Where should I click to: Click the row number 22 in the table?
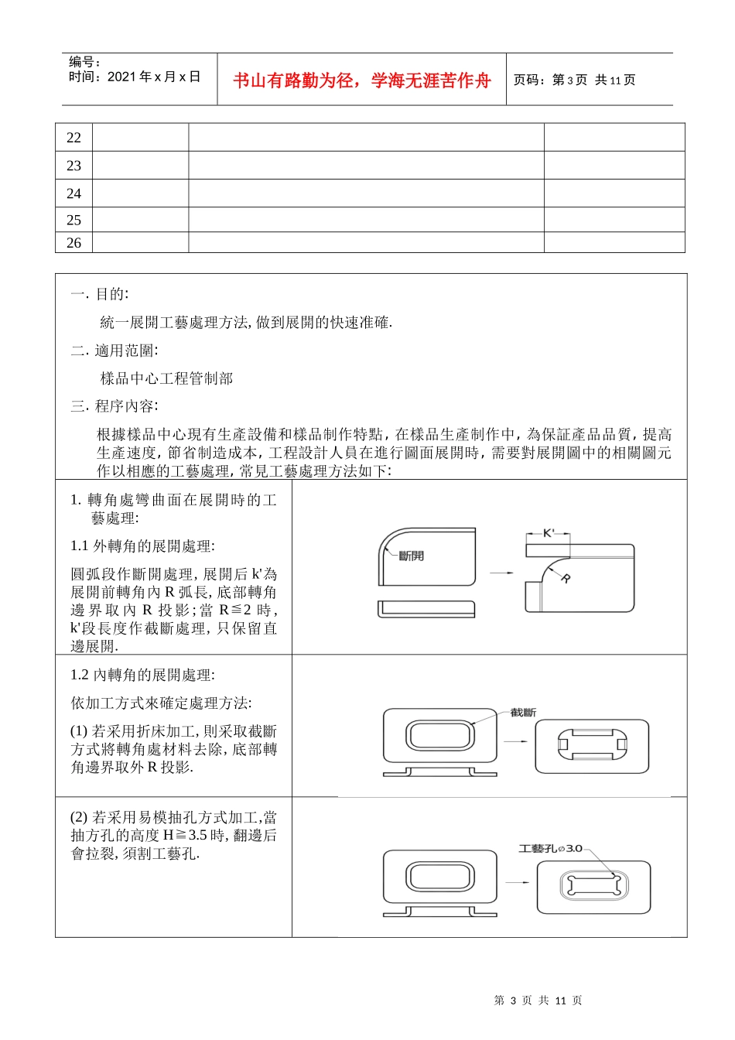click(x=73, y=138)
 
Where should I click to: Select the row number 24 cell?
click(x=73, y=193)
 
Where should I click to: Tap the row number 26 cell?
click(x=73, y=243)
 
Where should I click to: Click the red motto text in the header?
click(x=362, y=80)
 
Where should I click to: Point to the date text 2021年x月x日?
click(x=154, y=77)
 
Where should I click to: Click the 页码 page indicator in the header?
click(x=574, y=80)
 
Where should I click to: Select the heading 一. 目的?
click(x=100, y=294)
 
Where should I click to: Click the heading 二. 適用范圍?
click(x=115, y=351)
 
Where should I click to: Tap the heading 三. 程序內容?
click(x=115, y=406)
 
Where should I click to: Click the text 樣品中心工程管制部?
click(x=166, y=378)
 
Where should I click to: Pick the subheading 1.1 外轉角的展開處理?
click(x=142, y=546)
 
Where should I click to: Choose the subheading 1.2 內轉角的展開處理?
click(x=142, y=676)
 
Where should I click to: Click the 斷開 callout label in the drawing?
click(x=411, y=556)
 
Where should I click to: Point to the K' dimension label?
click(x=549, y=533)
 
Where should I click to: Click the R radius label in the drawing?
click(x=566, y=578)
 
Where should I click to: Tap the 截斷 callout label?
click(x=523, y=712)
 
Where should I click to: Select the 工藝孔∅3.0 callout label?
click(x=550, y=848)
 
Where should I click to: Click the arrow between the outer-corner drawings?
click(x=501, y=573)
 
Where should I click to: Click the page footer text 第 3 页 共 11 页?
click(x=538, y=1001)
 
